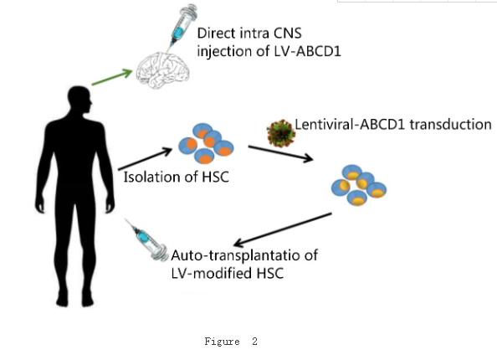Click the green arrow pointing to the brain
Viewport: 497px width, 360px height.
(x=112, y=77)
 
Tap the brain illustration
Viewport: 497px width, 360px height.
(x=163, y=70)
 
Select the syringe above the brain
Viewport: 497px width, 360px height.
(x=182, y=26)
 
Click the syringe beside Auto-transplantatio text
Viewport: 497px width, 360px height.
(x=146, y=240)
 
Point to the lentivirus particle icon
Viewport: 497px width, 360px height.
(x=281, y=133)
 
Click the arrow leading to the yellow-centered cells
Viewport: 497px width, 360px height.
(x=281, y=154)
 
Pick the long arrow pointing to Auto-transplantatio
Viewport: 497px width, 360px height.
(x=283, y=229)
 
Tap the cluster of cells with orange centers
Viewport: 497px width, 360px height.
(x=206, y=143)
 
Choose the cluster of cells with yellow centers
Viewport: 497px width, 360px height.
(x=359, y=185)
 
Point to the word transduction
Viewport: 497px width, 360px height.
(x=450, y=124)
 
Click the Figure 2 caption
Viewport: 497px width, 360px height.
(x=231, y=342)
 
